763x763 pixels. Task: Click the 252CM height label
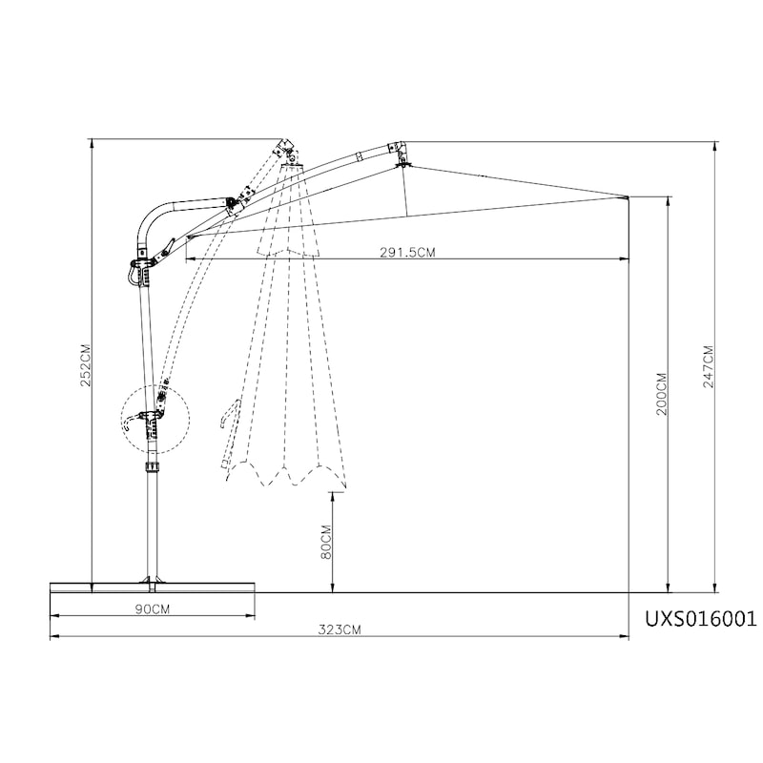86,365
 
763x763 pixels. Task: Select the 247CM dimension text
708,366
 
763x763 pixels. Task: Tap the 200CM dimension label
662,394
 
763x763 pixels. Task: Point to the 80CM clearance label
326,542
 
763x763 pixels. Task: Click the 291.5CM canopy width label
407,252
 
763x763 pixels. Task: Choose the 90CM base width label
153,608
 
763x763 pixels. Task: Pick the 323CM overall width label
340,629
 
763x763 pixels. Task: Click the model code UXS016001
701,619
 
